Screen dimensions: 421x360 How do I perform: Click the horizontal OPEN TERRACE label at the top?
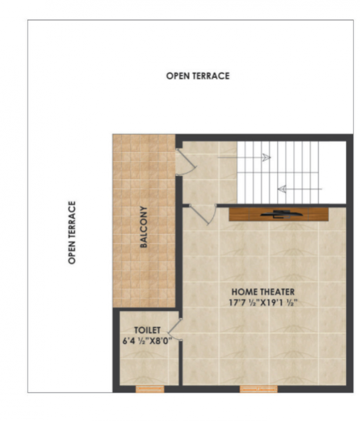pos(197,76)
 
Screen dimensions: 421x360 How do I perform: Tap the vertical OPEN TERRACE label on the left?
pos(72,232)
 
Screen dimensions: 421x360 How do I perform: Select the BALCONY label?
pos(143,226)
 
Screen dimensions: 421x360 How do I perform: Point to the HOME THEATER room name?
pos(263,291)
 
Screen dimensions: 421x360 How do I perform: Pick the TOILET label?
pos(147,329)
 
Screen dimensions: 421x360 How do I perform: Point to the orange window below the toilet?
pos(149,388)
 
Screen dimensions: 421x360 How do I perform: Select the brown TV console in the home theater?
pos(279,214)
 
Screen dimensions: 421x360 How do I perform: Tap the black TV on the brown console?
pos(279,213)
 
